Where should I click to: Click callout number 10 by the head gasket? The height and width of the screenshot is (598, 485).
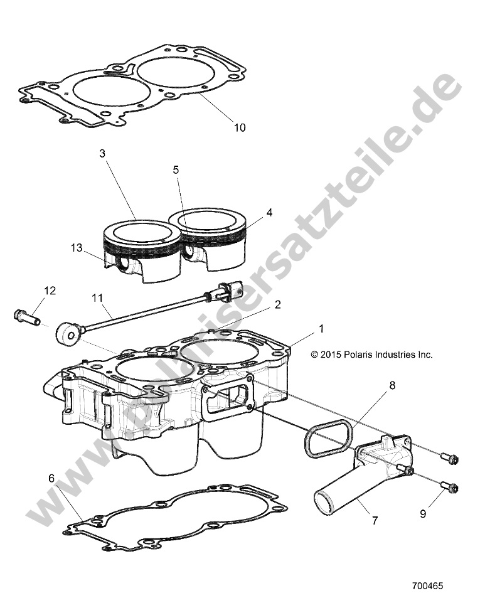[x=239, y=127]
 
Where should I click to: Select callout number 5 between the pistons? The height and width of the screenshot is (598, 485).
[x=176, y=169]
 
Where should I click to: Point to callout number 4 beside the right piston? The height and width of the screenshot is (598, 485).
[x=269, y=212]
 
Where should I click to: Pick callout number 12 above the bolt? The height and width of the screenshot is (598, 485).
[x=50, y=291]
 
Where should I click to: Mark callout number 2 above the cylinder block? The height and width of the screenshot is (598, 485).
[x=277, y=305]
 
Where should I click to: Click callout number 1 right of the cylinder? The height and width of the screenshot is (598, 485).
[x=321, y=328]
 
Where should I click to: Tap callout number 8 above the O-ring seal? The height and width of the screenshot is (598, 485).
[x=392, y=386]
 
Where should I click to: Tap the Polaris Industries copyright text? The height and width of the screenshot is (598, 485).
[x=371, y=354]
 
